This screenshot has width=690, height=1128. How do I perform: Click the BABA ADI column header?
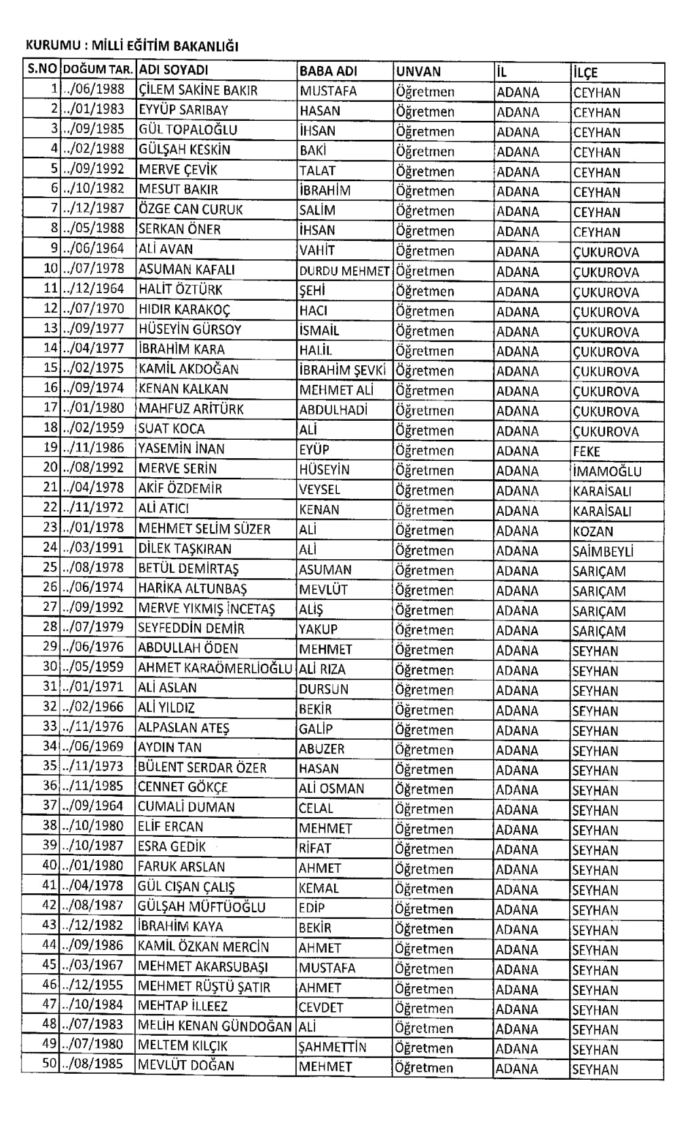click(328, 71)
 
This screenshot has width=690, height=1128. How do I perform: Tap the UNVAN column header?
click(418, 71)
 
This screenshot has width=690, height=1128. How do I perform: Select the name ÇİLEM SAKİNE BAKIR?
click(198, 90)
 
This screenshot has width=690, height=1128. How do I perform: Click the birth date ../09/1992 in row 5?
click(94, 170)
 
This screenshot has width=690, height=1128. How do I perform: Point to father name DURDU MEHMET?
click(344, 271)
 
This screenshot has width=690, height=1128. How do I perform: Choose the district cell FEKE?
click(586, 451)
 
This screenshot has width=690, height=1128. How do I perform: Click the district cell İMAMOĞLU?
click(606, 471)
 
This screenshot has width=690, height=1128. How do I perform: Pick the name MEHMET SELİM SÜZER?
click(204, 529)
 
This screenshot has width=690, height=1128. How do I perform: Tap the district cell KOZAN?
click(592, 531)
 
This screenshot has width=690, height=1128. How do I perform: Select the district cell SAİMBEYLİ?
click(602, 551)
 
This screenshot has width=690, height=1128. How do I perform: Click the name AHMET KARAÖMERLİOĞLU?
click(215, 669)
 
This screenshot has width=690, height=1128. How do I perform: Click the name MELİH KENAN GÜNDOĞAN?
click(215, 1026)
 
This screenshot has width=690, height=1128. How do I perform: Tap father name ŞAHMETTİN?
click(332, 1047)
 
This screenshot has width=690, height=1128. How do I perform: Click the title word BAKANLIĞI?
click(206, 47)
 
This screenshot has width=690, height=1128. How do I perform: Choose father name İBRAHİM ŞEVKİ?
click(342, 370)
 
